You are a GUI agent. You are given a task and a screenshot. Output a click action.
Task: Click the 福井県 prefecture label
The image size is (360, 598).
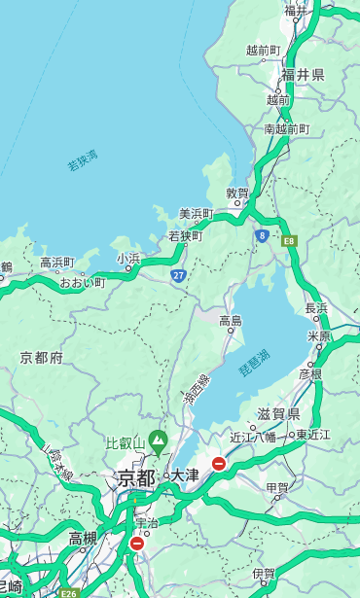point(303,75)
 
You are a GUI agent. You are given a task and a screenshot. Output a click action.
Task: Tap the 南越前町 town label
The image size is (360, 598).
point(286,129)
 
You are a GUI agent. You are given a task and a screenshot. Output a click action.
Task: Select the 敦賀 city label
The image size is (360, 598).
point(238,193)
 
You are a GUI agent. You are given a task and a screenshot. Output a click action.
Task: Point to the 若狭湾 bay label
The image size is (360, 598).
point(83,160)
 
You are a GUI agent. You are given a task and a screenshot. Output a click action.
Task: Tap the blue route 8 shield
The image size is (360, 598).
point(262,235)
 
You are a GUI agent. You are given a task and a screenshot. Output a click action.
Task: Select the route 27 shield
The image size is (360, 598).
point(179,276)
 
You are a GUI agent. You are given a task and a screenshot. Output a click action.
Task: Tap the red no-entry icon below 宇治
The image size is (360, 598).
point(136,544)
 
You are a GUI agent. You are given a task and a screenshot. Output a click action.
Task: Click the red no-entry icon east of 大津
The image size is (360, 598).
point(219,464)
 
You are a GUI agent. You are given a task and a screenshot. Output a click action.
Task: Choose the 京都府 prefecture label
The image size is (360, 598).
point(42,358)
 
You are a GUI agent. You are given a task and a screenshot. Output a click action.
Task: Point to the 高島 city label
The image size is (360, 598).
point(231,321)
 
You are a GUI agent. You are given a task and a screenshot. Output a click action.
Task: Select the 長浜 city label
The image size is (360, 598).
point(317,308)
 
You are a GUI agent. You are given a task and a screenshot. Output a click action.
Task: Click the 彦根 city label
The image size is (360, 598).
point(310,373)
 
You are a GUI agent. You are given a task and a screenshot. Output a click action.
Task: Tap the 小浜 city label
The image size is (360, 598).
point(128,258)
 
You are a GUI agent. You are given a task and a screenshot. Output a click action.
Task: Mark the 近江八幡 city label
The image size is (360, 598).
point(252,436)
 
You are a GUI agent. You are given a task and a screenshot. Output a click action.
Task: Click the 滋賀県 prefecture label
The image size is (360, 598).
point(279,413)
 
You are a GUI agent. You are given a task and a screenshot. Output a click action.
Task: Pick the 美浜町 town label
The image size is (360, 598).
point(197,214)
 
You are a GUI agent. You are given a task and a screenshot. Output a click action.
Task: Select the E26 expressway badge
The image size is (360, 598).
point(67,592)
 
